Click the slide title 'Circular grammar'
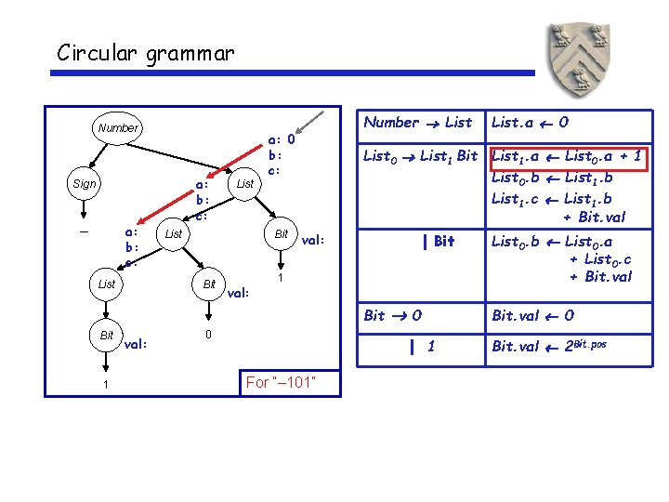[x=145, y=53]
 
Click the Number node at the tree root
[x=118, y=128]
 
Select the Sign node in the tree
[x=84, y=184]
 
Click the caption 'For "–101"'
[x=280, y=383]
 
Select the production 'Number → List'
[x=417, y=122]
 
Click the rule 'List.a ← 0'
[x=531, y=122]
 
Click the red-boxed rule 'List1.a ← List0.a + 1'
[x=566, y=156]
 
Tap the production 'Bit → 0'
[x=392, y=315]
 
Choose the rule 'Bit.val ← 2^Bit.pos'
[x=549, y=347]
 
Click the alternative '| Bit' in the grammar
[x=438, y=242]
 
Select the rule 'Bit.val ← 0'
[x=532, y=315]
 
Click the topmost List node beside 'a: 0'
[x=245, y=184]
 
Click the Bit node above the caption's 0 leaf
[x=210, y=284]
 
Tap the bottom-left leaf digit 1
[x=107, y=385]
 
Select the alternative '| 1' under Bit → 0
[x=423, y=347]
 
